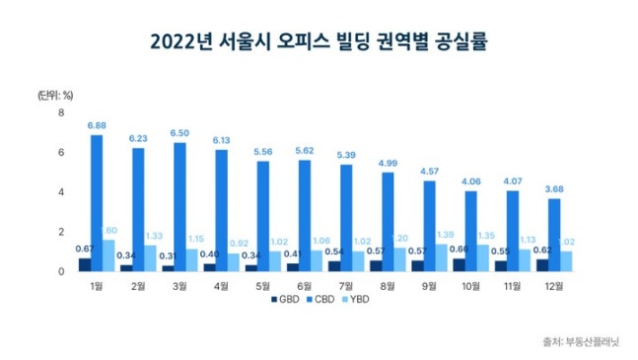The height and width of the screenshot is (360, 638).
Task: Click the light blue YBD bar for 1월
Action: click(108, 254)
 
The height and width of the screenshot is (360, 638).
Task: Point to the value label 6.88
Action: click(97, 125)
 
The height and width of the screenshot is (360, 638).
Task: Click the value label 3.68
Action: click(555, 189)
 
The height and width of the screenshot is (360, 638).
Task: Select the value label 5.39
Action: click(347, 156)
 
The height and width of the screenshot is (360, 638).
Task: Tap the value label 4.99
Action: click(389, 163)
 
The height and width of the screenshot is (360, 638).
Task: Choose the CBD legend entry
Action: click(320, 297)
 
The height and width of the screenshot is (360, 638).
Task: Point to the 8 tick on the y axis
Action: click(61, 112)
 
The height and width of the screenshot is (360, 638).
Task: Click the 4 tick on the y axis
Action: click(61, 191)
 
